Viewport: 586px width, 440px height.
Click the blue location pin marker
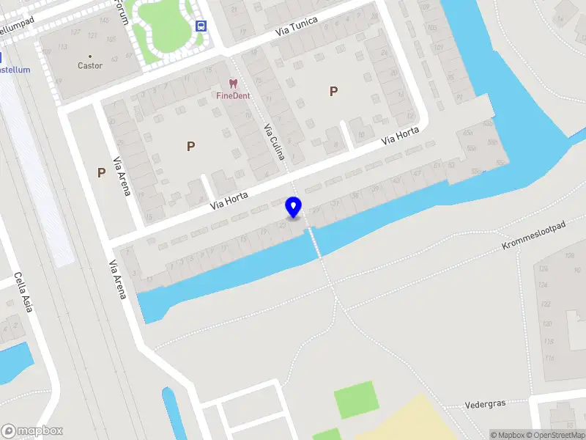click(x=293, y=207)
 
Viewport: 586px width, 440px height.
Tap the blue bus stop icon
click(x=201, y=26)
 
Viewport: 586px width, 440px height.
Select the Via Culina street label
click(x=274, y=142)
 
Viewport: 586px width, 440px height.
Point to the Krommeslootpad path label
click(x=534, y=236)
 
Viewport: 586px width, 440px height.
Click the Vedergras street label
click(x=485, y=404)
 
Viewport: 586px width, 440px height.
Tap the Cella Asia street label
click(x=23, y=292)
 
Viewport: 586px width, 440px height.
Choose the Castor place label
click(x=90, y=66)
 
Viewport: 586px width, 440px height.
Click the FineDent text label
click(x=233, y=95)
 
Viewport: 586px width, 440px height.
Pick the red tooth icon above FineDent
click(x=233, y=84)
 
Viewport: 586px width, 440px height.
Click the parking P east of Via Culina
click(x=333, y=92)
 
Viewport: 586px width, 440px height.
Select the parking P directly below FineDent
click(x=190, y=146)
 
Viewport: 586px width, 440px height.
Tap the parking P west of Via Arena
click(x=101, y=173)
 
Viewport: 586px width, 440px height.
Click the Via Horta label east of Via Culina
click(x=400, y=136)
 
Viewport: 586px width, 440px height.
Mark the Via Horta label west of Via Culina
click(x=229, y=199)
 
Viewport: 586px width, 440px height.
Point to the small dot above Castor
click(x=90, y=56)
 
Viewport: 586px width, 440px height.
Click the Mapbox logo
click(x=32, y=431)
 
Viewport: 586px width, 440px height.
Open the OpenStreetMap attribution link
click(x=555, y=435)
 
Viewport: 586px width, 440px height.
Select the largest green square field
click(x=356, y=400)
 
